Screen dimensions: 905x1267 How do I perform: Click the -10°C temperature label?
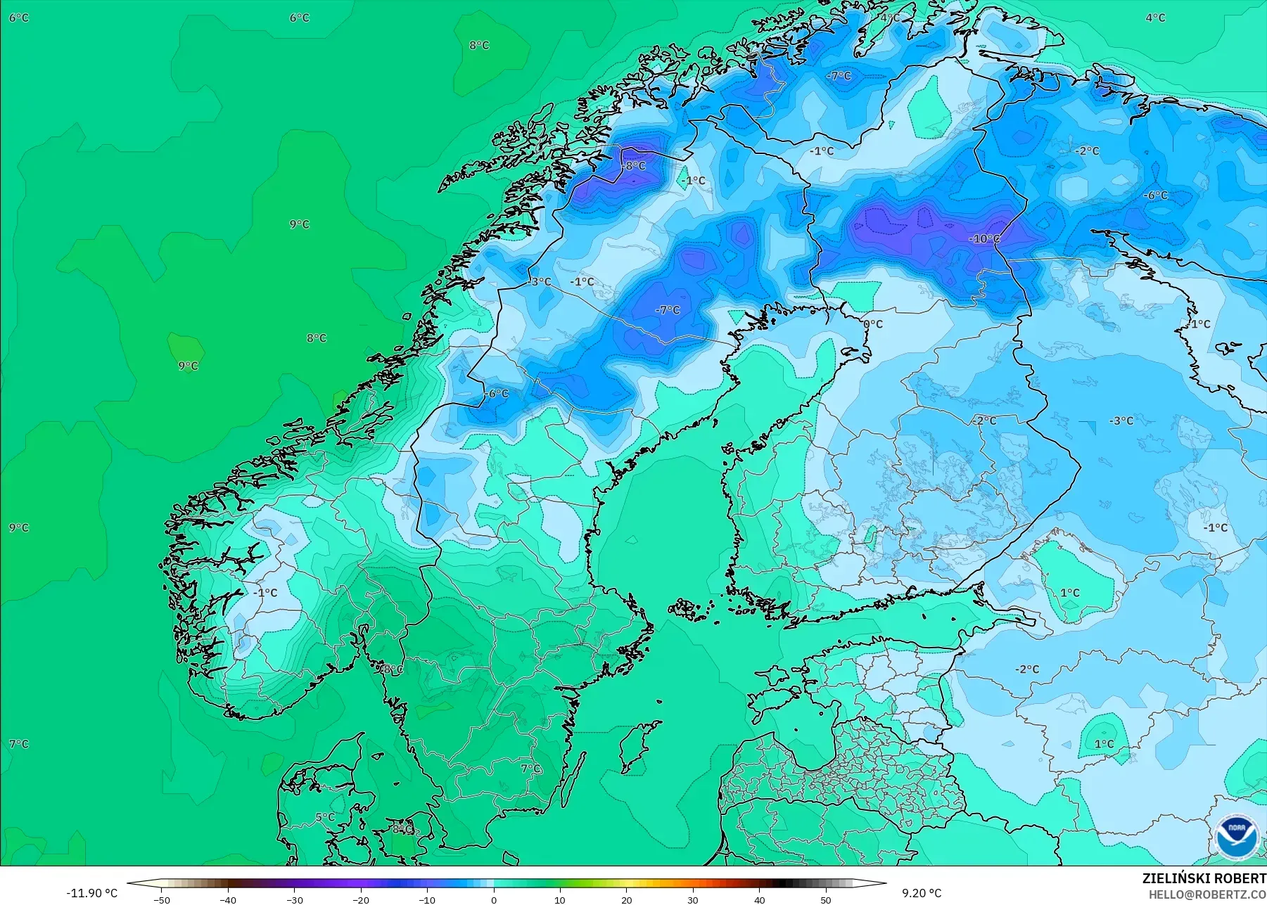(984, 239)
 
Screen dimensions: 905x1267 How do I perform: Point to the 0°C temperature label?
(873, 324)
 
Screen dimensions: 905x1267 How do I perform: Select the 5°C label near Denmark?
(325, 817)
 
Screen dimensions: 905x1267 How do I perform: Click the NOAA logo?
(1236, 835)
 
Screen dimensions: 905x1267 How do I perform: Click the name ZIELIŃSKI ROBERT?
(1204, 878)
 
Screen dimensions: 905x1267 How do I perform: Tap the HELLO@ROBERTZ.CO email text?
(1207, 894)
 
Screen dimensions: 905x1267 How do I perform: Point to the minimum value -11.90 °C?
(92, 893)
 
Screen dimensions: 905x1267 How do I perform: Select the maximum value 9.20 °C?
(922, 893)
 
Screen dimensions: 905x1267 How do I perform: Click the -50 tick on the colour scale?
(162, 899)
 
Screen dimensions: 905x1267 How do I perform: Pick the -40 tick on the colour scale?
(228, 899)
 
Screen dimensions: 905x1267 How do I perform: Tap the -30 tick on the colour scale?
(295, 899)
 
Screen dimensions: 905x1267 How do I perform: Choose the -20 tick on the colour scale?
(361, 899)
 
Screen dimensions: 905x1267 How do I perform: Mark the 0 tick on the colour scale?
(494, 899)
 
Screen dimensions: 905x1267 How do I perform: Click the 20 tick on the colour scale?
(627, 899)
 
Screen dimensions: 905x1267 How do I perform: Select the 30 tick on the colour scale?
(693, 899)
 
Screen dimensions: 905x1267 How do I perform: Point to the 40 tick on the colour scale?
(760, 899)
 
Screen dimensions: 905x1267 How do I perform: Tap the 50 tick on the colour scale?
(826, 899)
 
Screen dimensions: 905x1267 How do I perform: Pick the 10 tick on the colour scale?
(560, 899)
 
